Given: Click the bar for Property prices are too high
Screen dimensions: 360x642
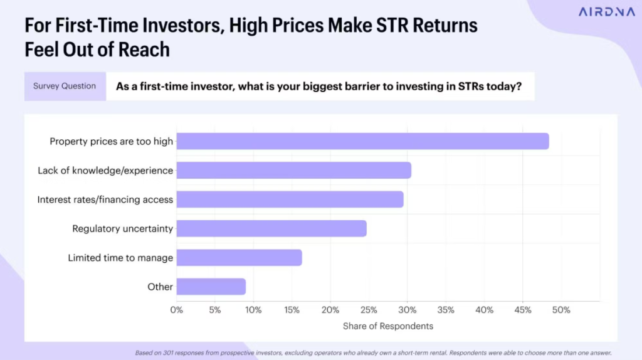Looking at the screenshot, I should click(x=362, y=141).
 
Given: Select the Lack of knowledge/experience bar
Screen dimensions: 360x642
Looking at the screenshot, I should click(x=293, y=170).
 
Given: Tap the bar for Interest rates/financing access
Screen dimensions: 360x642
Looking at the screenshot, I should click(x=290, y=199).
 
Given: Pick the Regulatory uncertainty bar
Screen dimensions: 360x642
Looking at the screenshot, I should click(x=271, y=228).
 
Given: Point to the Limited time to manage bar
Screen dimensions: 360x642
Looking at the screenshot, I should click(x=239, y=258).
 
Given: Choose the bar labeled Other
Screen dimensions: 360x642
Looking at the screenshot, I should click(x=211, y=287).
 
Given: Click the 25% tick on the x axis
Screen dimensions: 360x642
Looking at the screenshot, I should click(x=369, y=310).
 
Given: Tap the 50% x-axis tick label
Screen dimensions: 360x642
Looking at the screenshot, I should click(x=561, y=310).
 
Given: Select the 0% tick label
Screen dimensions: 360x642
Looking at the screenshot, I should click(x=177, y=310).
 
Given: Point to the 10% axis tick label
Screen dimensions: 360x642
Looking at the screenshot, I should click(x=253, y=310).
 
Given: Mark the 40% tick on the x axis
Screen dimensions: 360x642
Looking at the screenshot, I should click(x=485, y=310).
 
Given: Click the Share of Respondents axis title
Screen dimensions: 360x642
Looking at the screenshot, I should click(x=388, y=326).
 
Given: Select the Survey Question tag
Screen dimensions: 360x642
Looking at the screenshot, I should click(x=65, y=86).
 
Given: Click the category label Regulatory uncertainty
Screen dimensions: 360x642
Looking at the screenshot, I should click(x=122, y=229).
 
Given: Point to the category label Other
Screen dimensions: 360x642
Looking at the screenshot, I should click(x=160, y=287).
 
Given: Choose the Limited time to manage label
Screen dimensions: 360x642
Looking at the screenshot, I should click(x=120, y=258).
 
